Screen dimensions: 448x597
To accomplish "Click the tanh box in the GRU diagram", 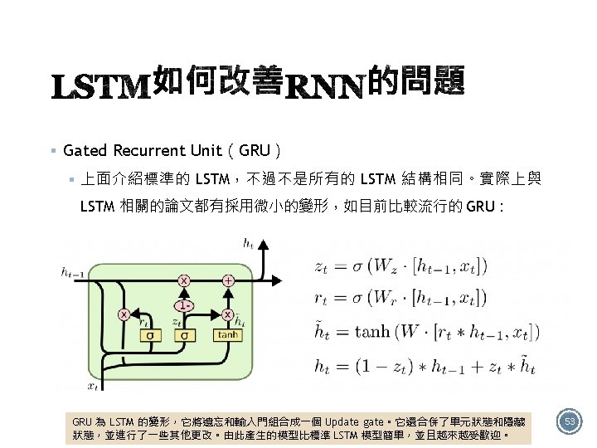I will coord(226,334).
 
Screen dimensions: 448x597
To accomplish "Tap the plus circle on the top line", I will coord(228,281).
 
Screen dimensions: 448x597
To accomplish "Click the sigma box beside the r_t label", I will coord(150,335).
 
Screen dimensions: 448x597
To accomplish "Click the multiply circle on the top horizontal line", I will coord(183,281).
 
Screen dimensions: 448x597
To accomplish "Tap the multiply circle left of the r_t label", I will coord(124,314).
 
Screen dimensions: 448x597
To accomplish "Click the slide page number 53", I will coord(569,422).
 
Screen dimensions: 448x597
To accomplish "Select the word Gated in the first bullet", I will coord(85,150).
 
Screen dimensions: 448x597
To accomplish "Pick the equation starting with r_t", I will coord(401,297).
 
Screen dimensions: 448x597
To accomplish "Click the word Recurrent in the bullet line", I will coord(152,150).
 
